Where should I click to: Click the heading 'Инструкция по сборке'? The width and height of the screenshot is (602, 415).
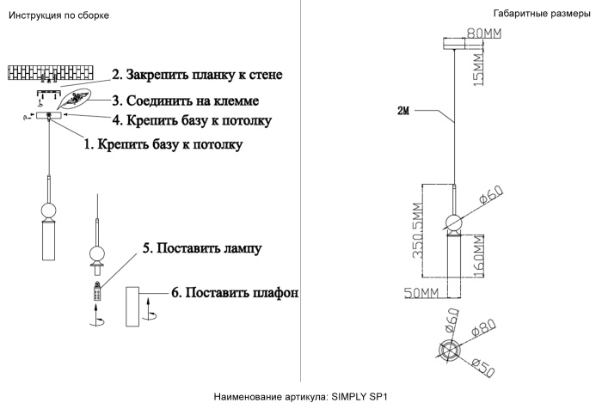click(58, 15)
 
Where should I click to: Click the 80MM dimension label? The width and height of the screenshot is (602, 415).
click(483, 34)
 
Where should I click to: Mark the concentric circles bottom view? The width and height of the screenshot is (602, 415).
click(449, 350)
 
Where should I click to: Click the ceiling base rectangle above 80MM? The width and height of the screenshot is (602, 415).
click(457, 43)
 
